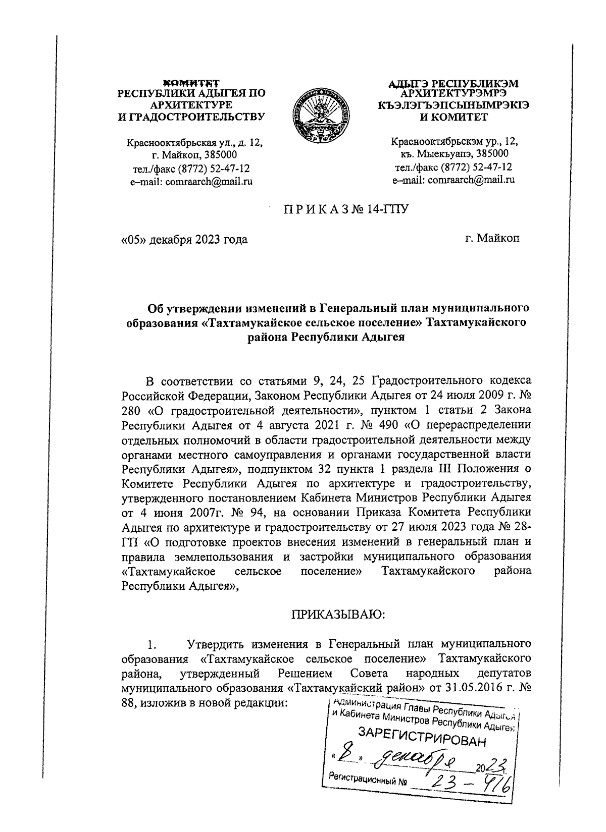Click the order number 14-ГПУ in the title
(387, 208)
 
